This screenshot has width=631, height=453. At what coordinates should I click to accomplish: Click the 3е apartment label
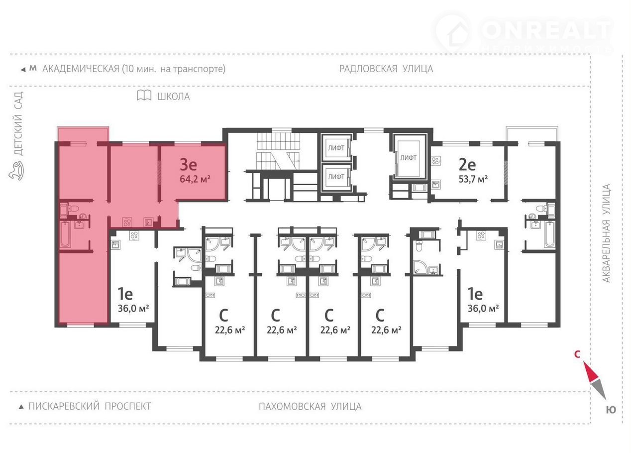point(189,164)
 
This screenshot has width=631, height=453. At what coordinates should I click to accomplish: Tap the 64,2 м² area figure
point(195,179)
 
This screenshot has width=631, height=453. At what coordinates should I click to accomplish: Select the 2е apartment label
point(467,164)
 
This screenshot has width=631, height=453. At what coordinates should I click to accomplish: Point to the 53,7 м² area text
point(473,179)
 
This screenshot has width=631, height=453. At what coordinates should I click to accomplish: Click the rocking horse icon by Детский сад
point(16,170)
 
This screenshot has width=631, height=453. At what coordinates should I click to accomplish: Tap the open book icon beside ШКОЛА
point(144,96)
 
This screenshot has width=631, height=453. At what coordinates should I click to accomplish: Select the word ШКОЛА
point(173,97)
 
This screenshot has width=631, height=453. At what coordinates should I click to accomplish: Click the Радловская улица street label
point(386,69)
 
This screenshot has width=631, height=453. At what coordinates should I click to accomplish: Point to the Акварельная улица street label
point(606,233)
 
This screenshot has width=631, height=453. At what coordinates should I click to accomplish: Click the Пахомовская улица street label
point(310,407)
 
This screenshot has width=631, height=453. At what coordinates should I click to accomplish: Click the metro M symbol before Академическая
point(33,68)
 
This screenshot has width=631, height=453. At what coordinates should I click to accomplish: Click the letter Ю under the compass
point(611,410)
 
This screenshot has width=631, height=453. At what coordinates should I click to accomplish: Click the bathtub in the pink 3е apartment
point(65,234)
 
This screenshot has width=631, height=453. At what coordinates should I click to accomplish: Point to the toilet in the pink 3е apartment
point(74,209)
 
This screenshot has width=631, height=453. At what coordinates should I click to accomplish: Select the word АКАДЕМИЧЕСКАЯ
point(81,69)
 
